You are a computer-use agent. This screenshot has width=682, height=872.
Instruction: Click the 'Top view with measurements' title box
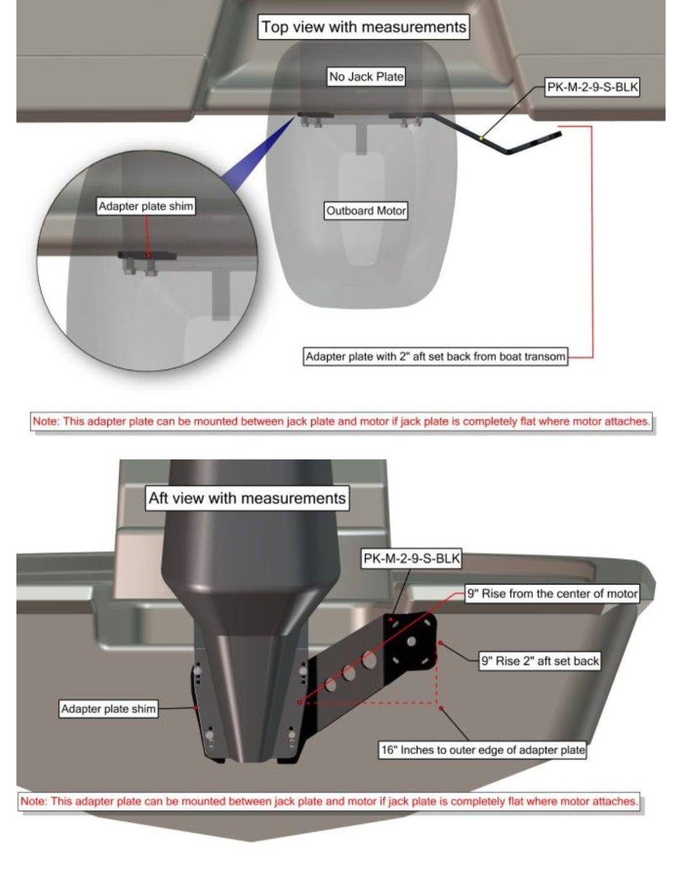click(x=363, y=27)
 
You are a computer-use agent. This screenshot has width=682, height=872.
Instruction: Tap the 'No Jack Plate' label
click(x=366, y=76)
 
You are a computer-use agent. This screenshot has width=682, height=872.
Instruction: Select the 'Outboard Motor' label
click(x=366, y=210)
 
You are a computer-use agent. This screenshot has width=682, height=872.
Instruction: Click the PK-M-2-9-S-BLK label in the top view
click(x=592, y=87)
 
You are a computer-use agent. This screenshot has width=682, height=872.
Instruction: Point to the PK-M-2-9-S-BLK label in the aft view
click(x=411, y=558)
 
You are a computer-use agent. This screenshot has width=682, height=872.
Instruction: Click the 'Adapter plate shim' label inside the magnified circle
click(x=146, y=206)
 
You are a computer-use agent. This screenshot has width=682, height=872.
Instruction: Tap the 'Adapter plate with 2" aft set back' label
click(x=435, y=356)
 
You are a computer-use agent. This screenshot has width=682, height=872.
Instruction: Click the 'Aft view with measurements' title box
click(x=247, y=498)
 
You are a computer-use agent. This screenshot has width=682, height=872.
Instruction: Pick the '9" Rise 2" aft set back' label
click(x=540, y=660)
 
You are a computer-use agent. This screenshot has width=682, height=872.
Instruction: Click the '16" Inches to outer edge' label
click(x=482, y=749)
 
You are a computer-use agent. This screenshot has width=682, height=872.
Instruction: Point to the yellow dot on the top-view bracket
click(x=481, y=138)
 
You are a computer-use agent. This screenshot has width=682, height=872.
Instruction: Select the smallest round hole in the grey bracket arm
click(x=330, y=684)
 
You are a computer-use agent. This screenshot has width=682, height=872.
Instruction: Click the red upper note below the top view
click(x=341, y=421)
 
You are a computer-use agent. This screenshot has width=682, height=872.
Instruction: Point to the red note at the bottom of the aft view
click(x=329, y=801)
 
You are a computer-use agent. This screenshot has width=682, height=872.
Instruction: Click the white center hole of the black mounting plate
click(x=411, y=641)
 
